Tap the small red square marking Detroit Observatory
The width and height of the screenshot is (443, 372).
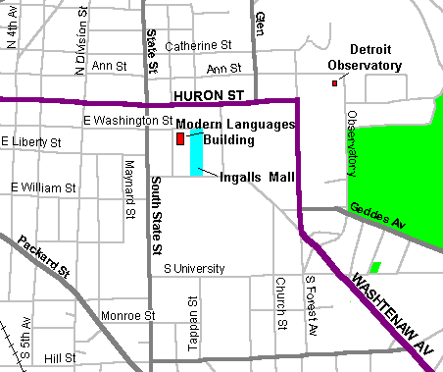[x=334, y=83]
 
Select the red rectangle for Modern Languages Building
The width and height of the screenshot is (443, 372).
[x=180, y=139]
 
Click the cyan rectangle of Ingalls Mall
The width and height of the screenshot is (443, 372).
[x=197, y=152]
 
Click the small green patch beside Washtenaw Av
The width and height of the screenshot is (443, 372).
[x=374, y=267]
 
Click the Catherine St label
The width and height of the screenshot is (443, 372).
[x=197, y=45]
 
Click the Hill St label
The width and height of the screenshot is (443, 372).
[x=59, y=359]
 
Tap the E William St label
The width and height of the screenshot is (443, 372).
[x=44, y=186]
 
